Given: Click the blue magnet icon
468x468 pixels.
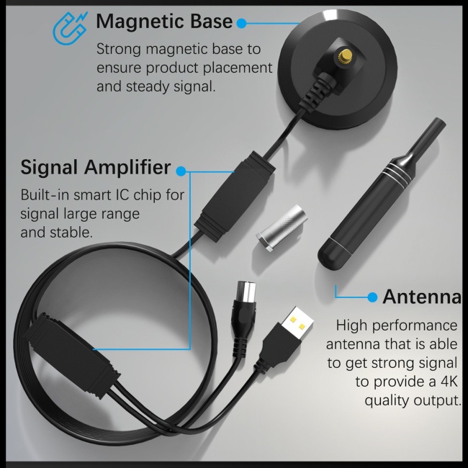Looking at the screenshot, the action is (70, 29).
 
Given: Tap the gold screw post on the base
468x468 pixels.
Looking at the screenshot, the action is (346, 56).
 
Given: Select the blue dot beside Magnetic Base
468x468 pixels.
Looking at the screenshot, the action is (241, 23).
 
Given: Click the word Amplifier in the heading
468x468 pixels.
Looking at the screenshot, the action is (127, 167).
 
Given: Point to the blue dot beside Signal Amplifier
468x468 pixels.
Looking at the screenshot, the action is (181, 171).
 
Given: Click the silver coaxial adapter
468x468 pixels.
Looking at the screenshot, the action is (282, 228).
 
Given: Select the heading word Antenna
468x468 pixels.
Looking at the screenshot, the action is (422, 297).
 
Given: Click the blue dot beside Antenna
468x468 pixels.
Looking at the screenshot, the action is (372, 297).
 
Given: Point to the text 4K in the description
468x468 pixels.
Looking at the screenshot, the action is (449, 382).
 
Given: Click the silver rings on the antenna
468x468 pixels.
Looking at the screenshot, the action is (397, 174).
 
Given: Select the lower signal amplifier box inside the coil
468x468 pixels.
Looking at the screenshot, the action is (73, 355).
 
